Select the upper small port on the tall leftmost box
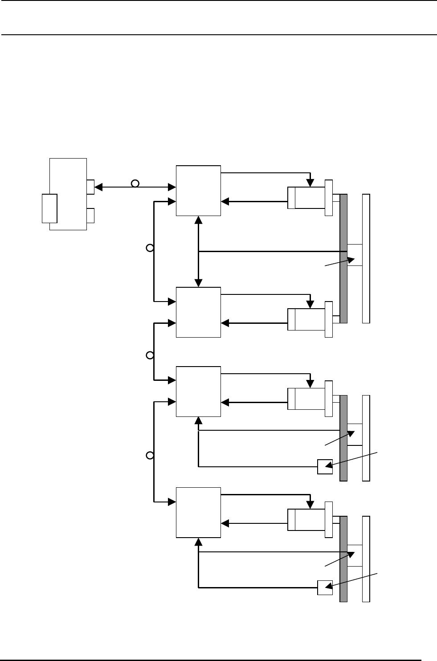tap(90, 187)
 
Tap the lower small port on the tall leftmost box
tap(90, 216)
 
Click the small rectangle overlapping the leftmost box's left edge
tap(49, 208)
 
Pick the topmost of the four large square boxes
tap(199, 191)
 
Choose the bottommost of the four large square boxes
tap(199, 512)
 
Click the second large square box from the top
tap(199, 312)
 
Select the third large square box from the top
tap(199, 392)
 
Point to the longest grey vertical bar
tap(343, 258)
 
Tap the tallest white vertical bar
tap(366, 258)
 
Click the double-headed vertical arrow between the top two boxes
tap(199, 251)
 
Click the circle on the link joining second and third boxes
tap(150, 355)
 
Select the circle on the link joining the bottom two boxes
tap(150, 455)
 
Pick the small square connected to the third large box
tap(325, 466)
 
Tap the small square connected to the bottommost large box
tap(325, 588)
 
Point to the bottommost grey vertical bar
tap(343, 559)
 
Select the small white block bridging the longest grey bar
tap(355, 255)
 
